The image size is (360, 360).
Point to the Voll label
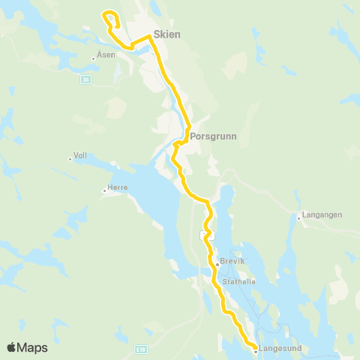[80, 157]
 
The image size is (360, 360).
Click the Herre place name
[118, 187]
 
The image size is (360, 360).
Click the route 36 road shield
[86, 79]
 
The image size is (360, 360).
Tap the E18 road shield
[142, 349]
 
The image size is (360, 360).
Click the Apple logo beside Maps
[11, 348]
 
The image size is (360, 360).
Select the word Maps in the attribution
[33, 348]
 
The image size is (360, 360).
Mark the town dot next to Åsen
[93, 57]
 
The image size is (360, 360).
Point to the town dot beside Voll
[69, 158]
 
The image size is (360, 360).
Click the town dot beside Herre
[105, 190]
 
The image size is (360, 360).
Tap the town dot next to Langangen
[298, 218]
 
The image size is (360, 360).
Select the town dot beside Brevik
[217, 264]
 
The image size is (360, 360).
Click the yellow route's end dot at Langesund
[255, 348]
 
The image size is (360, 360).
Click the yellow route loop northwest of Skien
[111, 16]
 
